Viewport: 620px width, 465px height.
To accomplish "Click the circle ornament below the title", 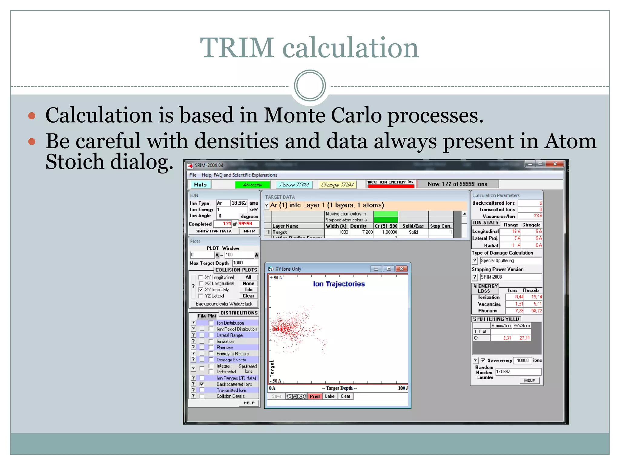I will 310,86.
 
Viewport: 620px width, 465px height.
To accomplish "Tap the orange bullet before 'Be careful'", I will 32,141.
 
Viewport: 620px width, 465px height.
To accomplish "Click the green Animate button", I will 252,184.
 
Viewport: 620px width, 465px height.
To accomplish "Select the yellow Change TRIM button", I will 337,184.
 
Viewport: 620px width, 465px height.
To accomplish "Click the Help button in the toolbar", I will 200,184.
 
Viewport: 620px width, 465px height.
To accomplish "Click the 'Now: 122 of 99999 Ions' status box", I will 457,184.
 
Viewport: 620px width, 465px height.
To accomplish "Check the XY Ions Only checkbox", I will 200,289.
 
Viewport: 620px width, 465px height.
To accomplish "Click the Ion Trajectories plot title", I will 338,284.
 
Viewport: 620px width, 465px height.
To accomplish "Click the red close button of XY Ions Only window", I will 401,269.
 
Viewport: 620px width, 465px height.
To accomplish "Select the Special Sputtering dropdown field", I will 510,260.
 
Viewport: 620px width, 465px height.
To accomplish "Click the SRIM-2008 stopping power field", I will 510,277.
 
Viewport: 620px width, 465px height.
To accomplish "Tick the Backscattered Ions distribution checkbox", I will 202,384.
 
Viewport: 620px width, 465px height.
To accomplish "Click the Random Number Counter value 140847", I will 518,371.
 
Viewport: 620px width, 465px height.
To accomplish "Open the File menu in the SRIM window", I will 193,175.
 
